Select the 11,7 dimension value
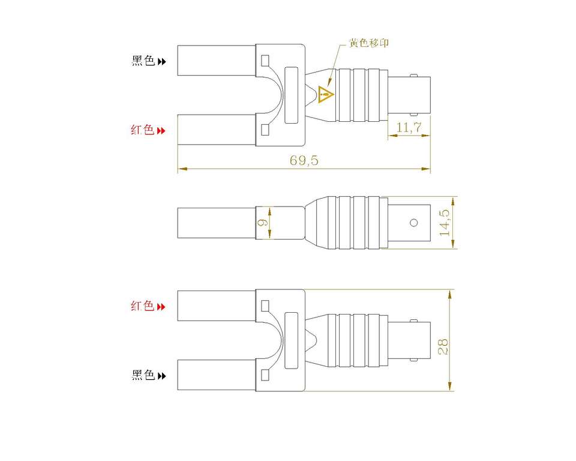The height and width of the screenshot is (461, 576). tap(409, 127)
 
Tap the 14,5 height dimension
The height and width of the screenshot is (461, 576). tap(445, 223)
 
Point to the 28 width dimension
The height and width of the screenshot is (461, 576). tap(443, 346)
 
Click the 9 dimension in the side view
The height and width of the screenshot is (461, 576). tap(262, 222)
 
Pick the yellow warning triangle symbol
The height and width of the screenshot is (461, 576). tap(325, 94)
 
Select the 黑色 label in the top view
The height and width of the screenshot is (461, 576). tap(143, 61)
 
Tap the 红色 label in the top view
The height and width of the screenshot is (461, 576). tap(143, 130)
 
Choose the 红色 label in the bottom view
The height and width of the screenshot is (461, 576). tap(143, 306)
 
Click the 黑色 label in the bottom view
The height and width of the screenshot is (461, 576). tap(143, 376)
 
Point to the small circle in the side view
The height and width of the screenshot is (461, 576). tap(413, 223)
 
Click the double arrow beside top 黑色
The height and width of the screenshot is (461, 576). tap(161, 61)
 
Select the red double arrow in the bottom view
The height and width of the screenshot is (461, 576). tap(161, 307)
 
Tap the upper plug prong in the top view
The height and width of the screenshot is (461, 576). tap(217, 60)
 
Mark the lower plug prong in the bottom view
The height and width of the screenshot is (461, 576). tap(217, 375)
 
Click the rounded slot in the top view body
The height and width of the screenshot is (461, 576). tap(291, 95)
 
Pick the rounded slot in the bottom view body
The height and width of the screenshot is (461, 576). tap(291, 340)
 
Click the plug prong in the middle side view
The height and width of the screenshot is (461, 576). tap(217, 223)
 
